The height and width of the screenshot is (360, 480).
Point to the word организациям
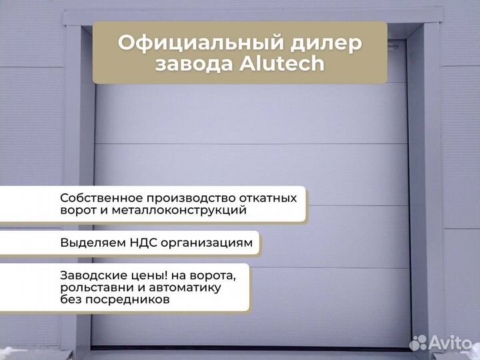208,243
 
